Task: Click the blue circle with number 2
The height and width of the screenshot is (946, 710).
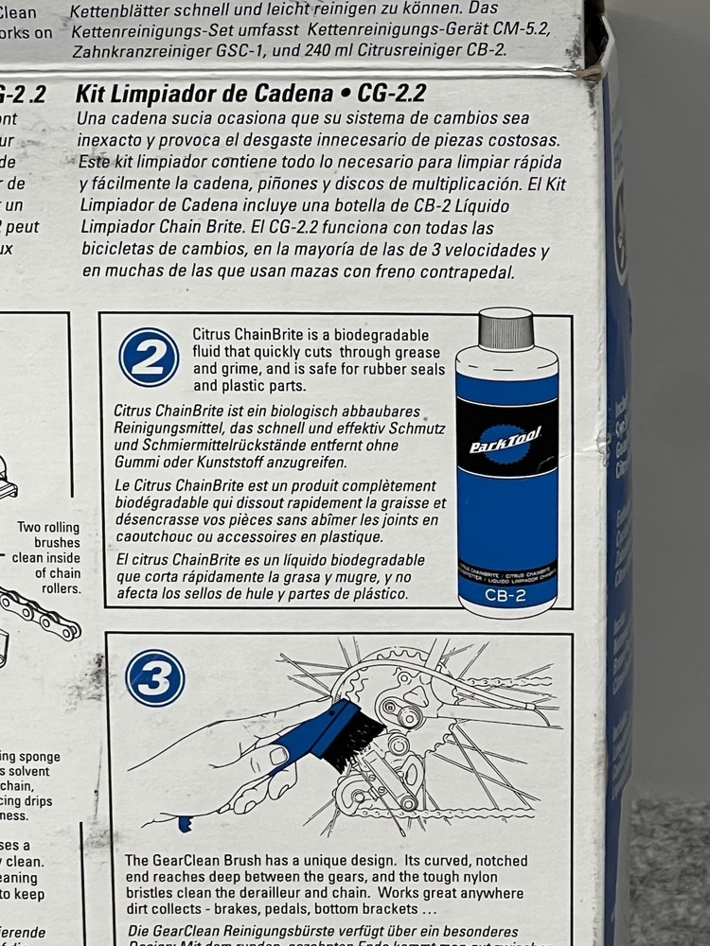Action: pos(149,358)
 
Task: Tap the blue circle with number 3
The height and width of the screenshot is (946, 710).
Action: pos(154,677)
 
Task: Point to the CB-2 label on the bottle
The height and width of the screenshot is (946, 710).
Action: pos(506,595)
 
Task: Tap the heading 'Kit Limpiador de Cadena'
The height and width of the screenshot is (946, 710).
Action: pos(204,94)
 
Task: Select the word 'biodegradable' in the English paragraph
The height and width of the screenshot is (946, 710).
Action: pos(380,335)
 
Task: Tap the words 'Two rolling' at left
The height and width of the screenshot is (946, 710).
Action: pos(48,528)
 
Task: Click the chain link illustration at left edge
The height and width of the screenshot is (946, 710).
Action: pos(38,613)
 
